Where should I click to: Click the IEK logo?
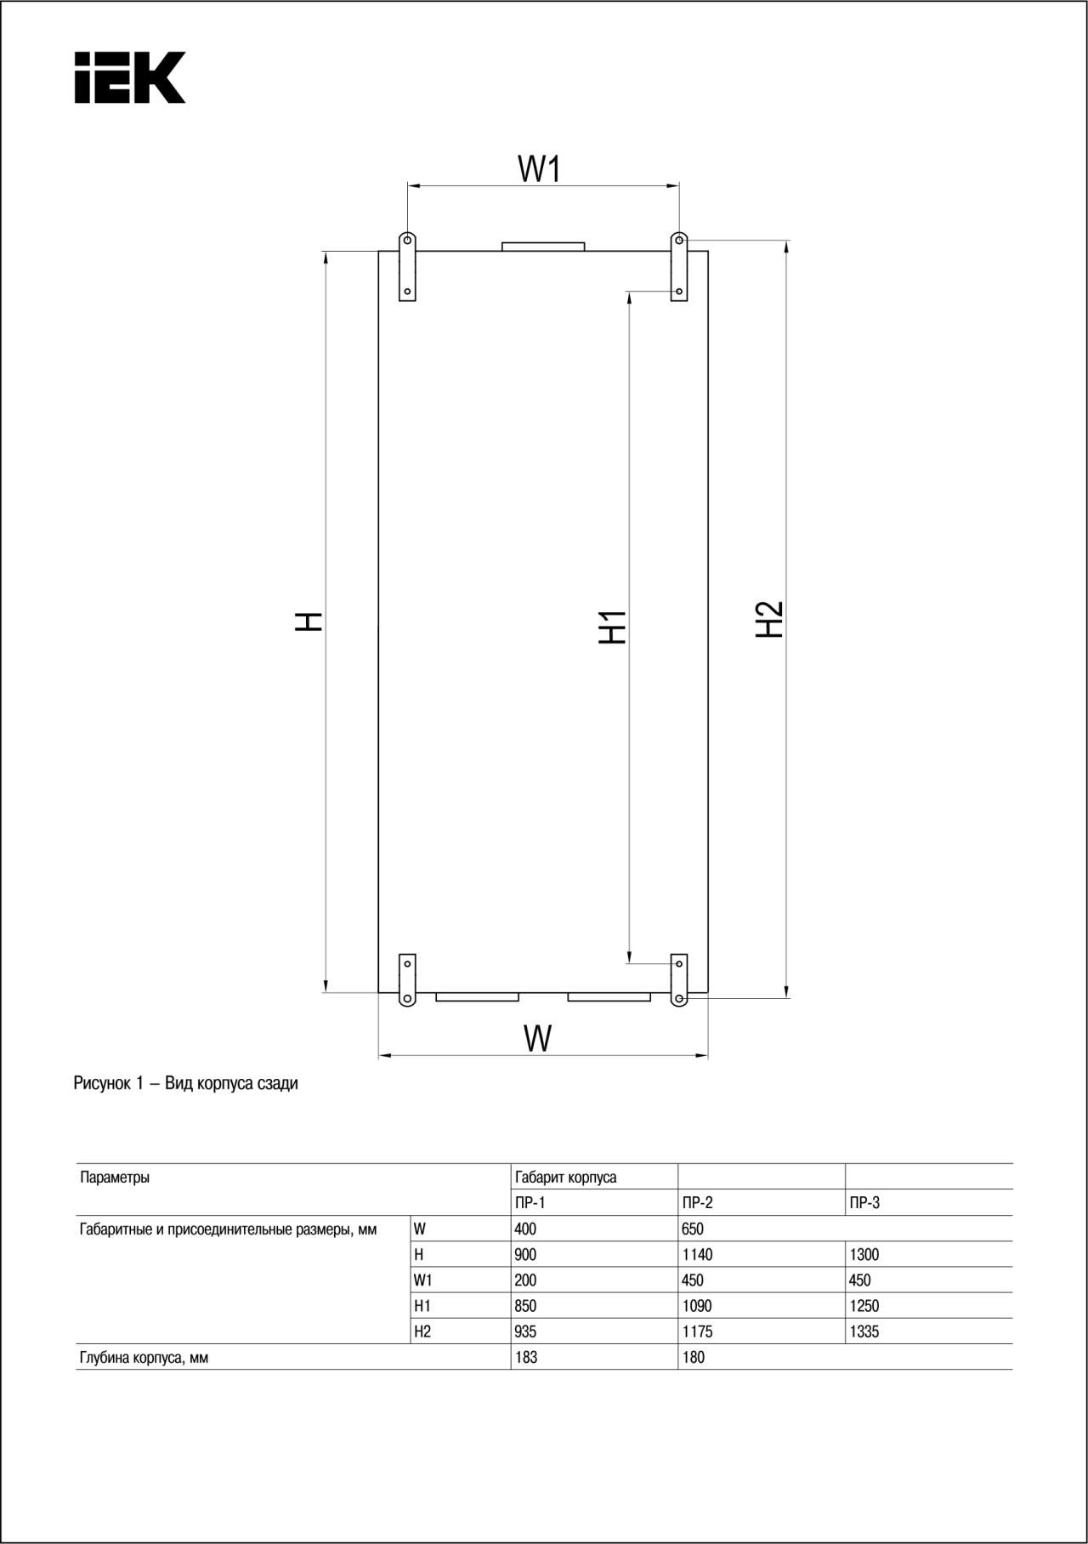130,77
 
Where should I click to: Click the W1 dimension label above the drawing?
540,168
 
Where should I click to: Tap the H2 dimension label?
769,619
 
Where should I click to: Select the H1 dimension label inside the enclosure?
612,627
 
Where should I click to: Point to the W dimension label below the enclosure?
538,1038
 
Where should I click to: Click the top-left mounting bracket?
407,266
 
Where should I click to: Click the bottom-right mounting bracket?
679,980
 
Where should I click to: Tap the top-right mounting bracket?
679,266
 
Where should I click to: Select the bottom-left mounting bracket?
407,980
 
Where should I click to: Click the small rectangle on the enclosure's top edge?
543,247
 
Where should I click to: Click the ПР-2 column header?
698,1202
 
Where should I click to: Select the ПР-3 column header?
865,1202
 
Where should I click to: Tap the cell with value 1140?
698,1254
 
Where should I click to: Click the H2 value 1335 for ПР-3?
864,1331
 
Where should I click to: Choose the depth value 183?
526,1357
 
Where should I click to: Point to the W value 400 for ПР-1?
525,1229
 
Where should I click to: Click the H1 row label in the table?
422,1306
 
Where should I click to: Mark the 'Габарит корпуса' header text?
566,1178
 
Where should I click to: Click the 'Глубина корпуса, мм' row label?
144,1358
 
